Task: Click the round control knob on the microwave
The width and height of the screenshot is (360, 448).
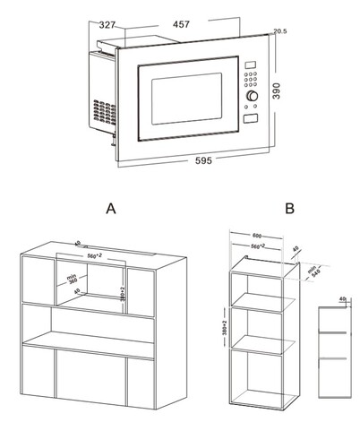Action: [252, 94]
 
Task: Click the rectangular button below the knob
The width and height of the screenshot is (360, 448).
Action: [252, 116]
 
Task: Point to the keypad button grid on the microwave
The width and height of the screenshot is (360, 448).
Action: [252, 79]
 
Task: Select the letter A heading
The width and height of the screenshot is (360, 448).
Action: [110, 208]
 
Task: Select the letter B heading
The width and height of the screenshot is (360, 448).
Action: [289, 208]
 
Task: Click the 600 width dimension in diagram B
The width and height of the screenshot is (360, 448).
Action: [259, 235]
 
